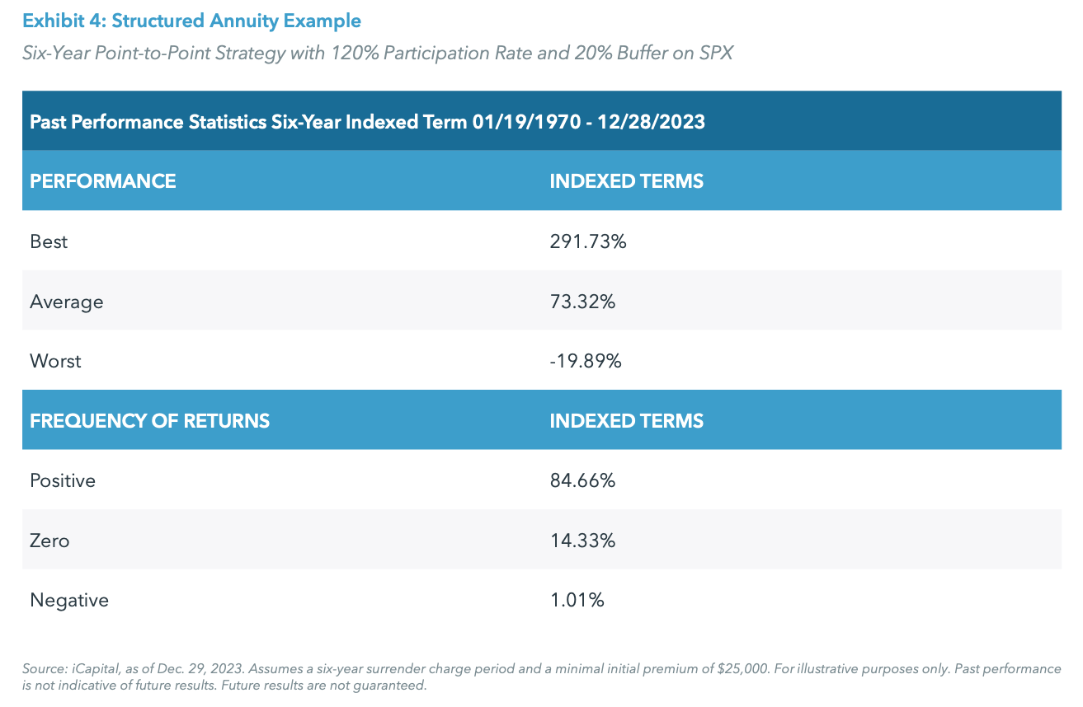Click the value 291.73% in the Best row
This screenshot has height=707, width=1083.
click(x=588, y=241)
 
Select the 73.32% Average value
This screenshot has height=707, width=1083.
click(x=582, y=302)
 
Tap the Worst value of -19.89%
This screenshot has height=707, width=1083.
click(x=586, y=361)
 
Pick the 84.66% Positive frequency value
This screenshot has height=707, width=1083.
click(x=582, y=480)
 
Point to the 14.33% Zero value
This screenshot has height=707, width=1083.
click(x=582, y=541)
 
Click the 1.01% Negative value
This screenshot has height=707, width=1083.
click(x=577, y=600)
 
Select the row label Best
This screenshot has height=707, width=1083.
click(x=49, y=241)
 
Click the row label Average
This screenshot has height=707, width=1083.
click(x=67, y=302)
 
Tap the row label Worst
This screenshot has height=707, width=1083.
click(x=55, y=361)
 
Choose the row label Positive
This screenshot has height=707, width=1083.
click(x=63, y=480)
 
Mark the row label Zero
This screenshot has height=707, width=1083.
click(x=49, y=541)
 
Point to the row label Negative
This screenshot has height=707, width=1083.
click(x=69, y=600)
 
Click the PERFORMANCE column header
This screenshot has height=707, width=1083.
click(x=103, y=181)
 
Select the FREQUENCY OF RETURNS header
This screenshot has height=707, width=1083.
click(x=149, y=420)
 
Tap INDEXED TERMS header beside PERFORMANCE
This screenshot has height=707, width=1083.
click(x=626, y=181)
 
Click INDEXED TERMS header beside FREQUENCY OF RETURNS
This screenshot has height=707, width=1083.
click(x=626, y=420)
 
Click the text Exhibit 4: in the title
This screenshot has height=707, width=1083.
click(x=63, y=20)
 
